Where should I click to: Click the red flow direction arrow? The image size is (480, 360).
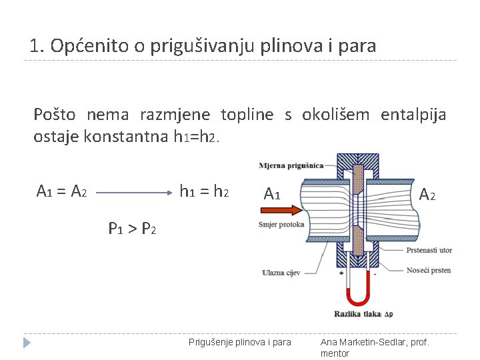click(x=279, y=211)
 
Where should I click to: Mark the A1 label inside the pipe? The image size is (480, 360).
click(x=272, y=194)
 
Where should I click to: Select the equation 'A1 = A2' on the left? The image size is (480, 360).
click(x=61, y=192)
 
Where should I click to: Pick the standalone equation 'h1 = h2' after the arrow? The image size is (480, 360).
click(x=204, y=192)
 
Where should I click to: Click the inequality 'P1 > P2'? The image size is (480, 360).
click(x=133, y=229)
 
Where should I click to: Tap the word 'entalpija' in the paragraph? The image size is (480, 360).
click(x=413, y=115)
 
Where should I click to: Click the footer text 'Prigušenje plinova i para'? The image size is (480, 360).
click(x=240, y=342)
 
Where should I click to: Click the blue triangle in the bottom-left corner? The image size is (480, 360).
click(x=27, y=343)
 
